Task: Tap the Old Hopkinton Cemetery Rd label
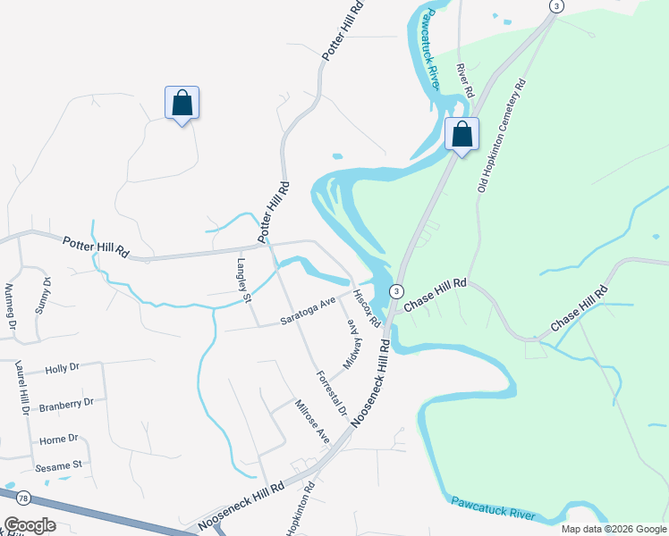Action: click(x=502, y=135)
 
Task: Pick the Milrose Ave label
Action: click(x=312, y=422)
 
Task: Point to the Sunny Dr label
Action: click(x=43, y=294)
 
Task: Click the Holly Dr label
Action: click(x=63, y=367)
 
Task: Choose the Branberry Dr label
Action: click(x=68, y=403)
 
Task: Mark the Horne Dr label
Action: click(x=59, y=439)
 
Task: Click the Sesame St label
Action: click(x=58, y=465)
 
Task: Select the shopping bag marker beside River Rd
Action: click(x=462, y=135)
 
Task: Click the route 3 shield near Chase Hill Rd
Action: click(x=397, y=291)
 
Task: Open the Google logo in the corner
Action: click(x=30, y=524)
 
